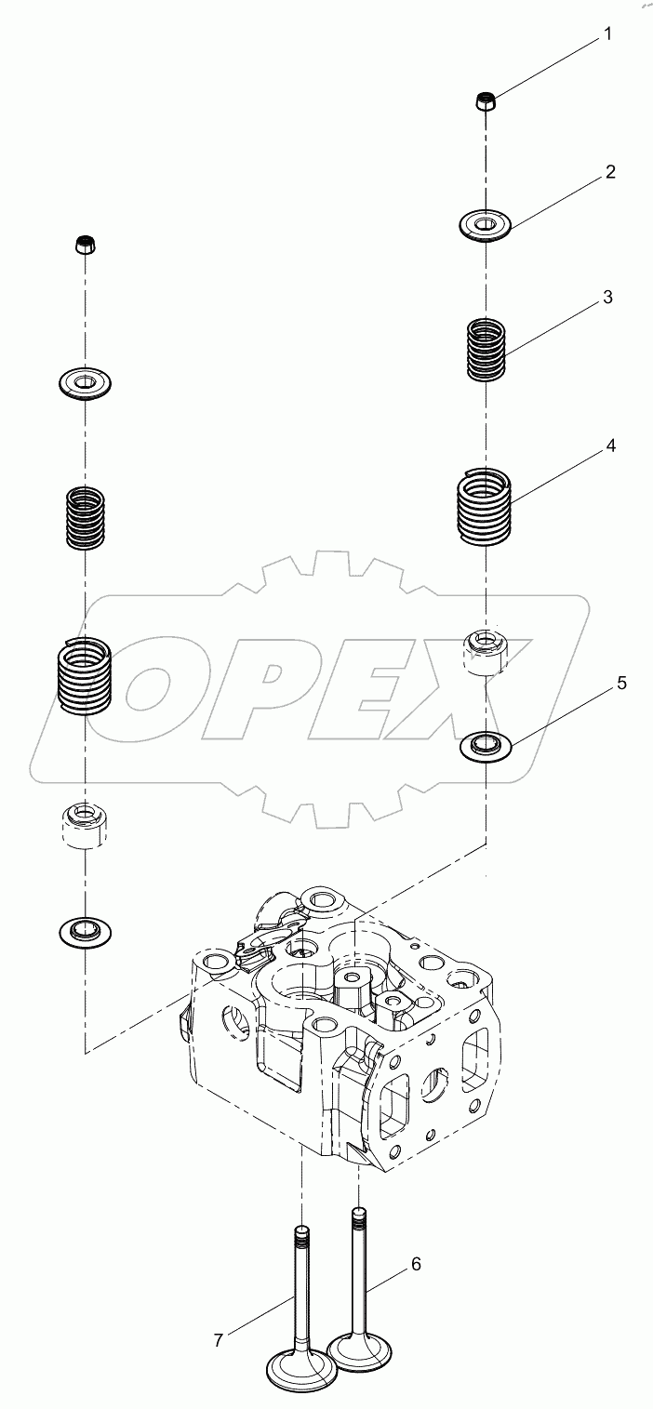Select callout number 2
[609, 172]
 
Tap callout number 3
[606, 298]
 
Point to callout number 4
[610, 445]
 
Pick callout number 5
[621, 684]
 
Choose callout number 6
[416, 1264]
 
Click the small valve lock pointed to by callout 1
[485, 100]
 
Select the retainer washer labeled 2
[486, 225]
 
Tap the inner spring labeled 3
[486, 349]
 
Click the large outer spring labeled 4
[486, 507]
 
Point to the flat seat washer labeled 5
[486, 745]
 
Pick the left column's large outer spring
[85, 674]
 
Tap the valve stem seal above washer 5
[486, 651]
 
